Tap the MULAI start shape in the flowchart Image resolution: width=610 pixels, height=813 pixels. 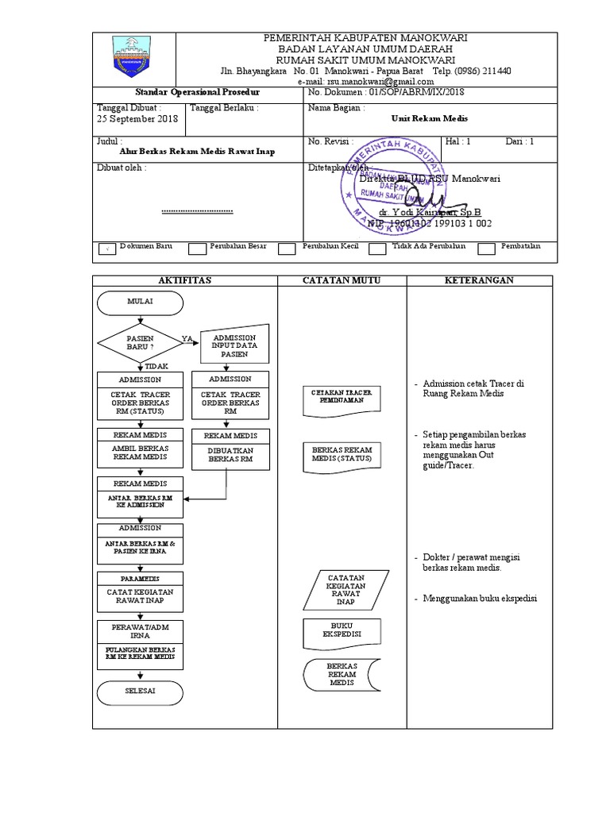(x=140, y=302)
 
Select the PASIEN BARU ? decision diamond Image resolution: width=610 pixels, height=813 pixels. (x=140, y=343)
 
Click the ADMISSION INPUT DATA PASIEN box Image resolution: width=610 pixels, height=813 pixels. (x=234, y=346)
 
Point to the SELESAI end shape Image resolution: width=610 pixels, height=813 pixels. (x=140, y=692)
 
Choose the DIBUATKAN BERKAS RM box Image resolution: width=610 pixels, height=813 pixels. (x=230, y=454)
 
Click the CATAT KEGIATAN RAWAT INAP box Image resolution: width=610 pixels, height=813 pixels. (x=140, y=596)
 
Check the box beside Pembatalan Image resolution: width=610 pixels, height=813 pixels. (x=487, y=249)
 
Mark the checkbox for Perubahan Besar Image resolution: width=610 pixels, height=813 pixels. (x=197, y=249)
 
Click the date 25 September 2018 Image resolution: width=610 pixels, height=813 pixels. (x=137, y=119)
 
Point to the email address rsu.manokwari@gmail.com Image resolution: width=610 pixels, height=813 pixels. (x=365, y=81)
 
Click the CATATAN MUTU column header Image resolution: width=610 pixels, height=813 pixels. (x=342, y=280)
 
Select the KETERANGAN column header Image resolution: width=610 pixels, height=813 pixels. (x=479, y=280)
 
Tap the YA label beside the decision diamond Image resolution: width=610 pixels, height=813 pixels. (x=187, y=339)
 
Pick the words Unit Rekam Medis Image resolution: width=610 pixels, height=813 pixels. (x=430, y=118)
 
